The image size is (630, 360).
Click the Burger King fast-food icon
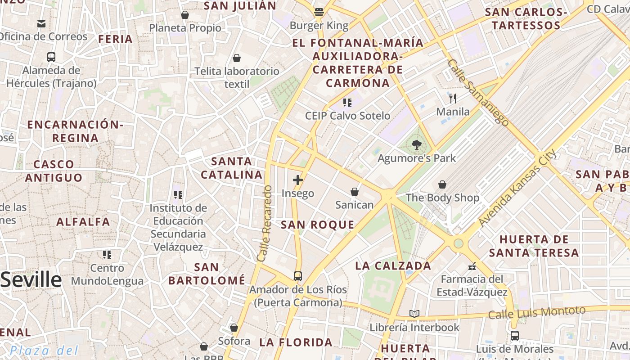(x=319, y=12)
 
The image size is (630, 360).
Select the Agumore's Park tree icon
(x=416, y=145)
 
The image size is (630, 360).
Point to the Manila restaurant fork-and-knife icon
(x=453, y=98)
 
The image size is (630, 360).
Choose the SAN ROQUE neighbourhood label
(x=317, y=225)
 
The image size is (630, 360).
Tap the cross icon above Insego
(x=297, y=180)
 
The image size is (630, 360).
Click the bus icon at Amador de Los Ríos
(x=297, y=276)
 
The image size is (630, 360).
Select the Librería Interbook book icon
(x=414, y=314)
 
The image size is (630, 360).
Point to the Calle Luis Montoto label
(x=536, y=312)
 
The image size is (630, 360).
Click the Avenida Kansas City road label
(x=517, y=188)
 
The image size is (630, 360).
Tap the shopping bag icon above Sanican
(x=355, y=192)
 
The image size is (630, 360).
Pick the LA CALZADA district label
(x=393, y=265)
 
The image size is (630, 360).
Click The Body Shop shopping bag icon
(x=442, y=184)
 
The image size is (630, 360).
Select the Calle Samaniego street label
(x=478, y=93)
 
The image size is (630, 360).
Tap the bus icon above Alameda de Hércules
(x=51, y=57)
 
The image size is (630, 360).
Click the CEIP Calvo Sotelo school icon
(x=347, y=103)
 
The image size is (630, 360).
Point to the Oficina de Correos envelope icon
(x=41, y=23)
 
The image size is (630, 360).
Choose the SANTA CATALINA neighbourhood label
(x=232, y=168)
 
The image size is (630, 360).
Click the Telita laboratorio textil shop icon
(x=237, y=58)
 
